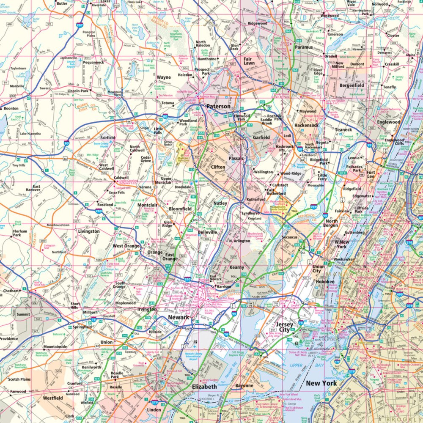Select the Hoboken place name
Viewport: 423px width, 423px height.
tap(325, 282)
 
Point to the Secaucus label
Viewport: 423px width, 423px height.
tap(291, 237)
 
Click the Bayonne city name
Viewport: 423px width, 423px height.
tap(244, 386)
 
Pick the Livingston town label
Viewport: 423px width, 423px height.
tap(89, 231)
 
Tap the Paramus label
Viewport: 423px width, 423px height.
tap(304, 47)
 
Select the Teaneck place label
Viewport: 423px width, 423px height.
tap(343, 130)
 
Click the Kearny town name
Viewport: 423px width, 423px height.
tap(236, 268)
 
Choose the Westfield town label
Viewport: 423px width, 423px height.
tap(53, 398)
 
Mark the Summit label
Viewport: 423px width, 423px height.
tap(23, 314)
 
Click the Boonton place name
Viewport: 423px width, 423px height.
tap(11, 108)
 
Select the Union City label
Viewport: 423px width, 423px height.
tap(318, 269)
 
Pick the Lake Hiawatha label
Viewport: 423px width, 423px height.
tap(30, 134)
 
